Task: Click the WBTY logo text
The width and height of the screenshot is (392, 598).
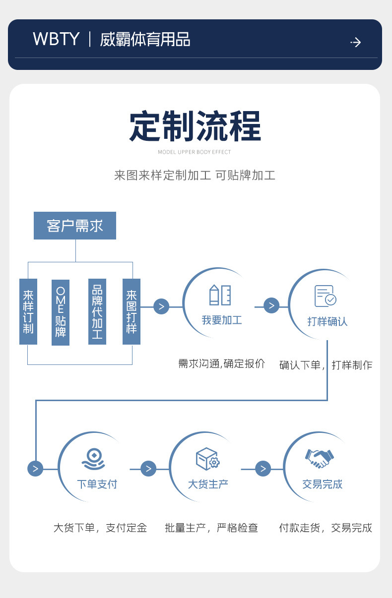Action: click(56, 39)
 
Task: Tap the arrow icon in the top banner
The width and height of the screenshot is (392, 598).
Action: click(356, 42)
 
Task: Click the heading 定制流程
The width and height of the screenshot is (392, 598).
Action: click(195, 127)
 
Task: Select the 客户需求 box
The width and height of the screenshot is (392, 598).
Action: click(75, 226)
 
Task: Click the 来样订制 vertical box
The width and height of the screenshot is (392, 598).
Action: click(28, 312)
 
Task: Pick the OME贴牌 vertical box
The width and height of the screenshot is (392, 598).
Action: click(61, 312)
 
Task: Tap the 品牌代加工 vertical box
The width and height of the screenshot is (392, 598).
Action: click(97, 312)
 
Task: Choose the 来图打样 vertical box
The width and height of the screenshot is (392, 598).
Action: click(131, 312)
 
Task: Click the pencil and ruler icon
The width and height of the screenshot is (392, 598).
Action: click(220, 295)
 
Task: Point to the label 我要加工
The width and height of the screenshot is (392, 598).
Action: click(221, 320)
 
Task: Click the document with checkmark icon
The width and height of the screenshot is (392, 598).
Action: click(326, 296)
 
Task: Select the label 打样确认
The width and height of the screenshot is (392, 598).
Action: click(327, 321)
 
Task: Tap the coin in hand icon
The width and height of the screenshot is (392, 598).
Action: click(93, 459)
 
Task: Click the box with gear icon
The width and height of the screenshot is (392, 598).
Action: click(207, 459)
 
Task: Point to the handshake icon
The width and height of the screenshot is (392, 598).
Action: click(320, 458)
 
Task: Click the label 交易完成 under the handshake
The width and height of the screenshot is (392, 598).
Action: click(323, 484)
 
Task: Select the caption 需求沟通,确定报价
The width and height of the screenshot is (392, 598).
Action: click(222, 363)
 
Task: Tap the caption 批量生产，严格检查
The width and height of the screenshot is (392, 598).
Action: click(211, 528)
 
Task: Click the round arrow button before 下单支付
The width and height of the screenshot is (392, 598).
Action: click(35, 468)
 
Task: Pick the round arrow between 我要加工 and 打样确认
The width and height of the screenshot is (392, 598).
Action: click(271, 305)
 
